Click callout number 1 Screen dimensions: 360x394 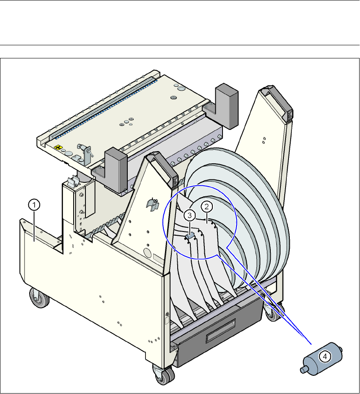click(34, 205)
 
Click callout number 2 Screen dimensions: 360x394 click(207, 207)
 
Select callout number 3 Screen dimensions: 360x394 click(190, 215)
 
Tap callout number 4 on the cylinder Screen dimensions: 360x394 click(325, 356)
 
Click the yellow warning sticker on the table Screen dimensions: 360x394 click(58, 147)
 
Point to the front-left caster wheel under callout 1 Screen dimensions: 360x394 click(39, 298)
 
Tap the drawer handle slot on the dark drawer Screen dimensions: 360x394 click(220, 330)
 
